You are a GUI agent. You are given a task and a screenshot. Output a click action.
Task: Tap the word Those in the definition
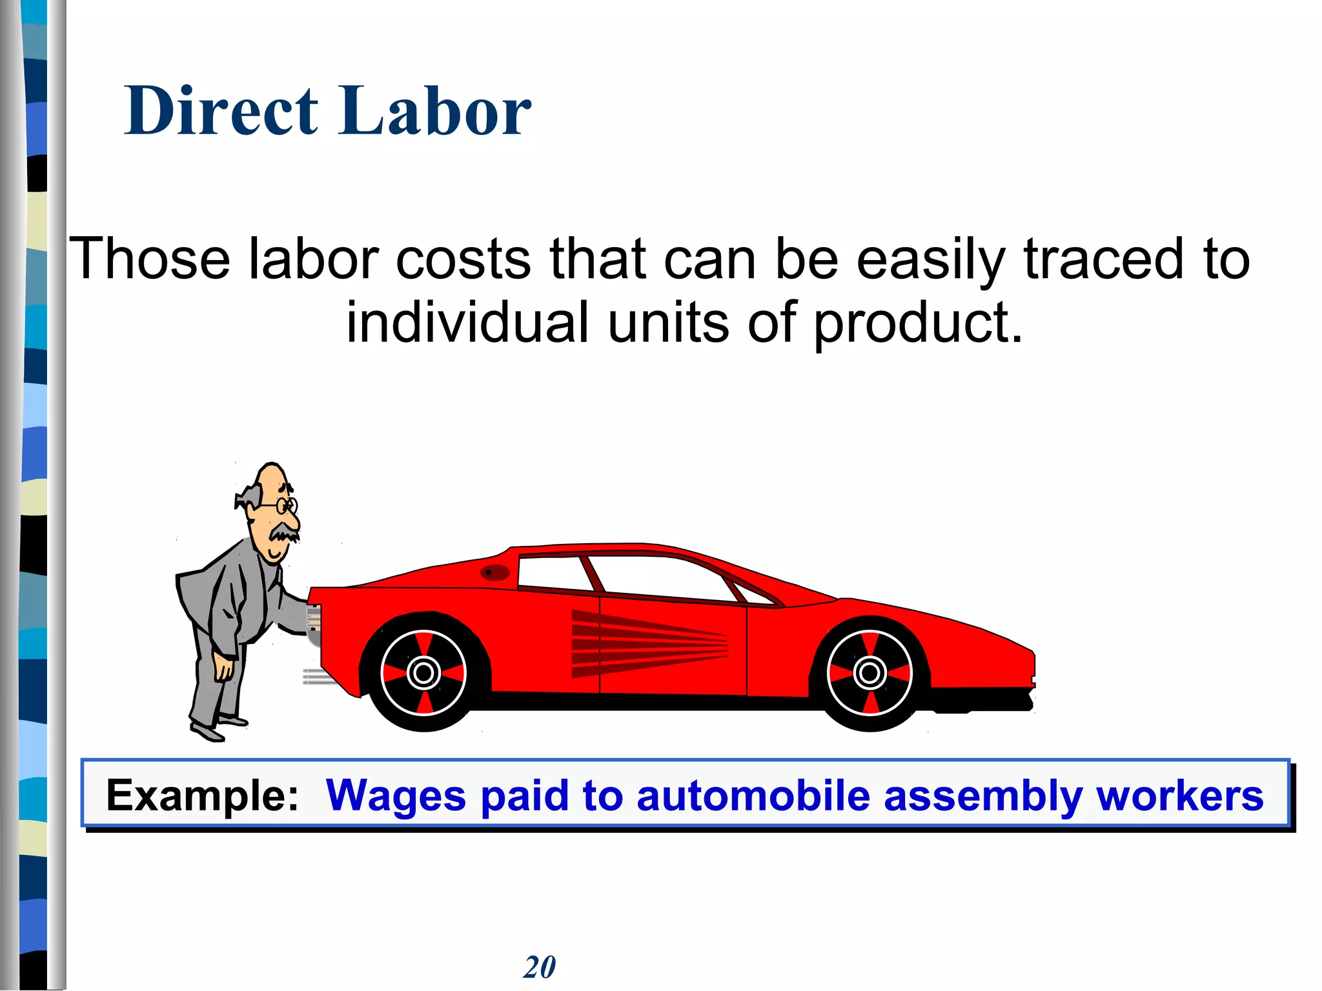pyautogui.click(x=150, y=259)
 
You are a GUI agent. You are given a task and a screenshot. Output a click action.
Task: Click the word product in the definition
pyautogui.click(x=917, y=324)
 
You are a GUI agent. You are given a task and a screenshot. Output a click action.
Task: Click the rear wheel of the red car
pyautogui.click(x=423, y=673)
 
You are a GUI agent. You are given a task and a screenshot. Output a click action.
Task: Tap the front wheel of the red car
pyautogui.click(x=869, y=673)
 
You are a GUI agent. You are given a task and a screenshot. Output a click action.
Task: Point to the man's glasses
pyautogui.click(x=285, y=505)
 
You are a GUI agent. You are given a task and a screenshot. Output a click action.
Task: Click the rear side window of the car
pyautogui.click(x=552, y=572)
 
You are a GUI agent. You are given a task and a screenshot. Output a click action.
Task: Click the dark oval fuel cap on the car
pyautogui.click(x=495, y=572)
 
